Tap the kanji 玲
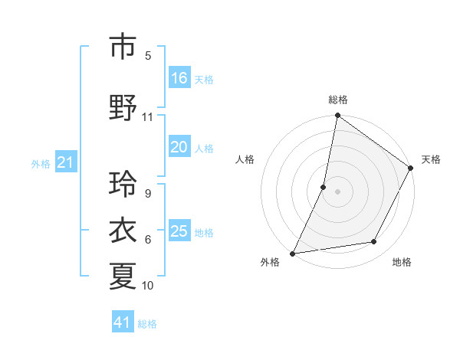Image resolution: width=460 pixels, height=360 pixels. [x=123, y=184]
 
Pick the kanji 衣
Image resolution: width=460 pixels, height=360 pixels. [x=123, y=231]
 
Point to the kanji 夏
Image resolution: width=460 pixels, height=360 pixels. [x=123, y=277]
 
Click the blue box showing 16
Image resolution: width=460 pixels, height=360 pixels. [x=179, y=78]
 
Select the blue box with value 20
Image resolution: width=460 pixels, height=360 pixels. [x=179, y=148]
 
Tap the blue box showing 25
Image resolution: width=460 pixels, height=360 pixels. [x=179, y=231]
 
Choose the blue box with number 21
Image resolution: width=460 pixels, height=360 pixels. [x=66, y=162]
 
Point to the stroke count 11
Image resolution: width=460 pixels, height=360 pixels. [x=147, y=117]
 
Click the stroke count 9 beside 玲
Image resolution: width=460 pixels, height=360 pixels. [x=147, y=194]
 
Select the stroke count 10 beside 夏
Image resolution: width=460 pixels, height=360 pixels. [x=147, y=286]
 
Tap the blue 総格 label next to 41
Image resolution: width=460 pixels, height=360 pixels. [x=147, y=324]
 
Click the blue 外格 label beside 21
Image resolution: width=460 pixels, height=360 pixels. [x=40, y=163]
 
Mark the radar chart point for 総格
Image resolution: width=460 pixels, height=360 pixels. [x=337, y=116]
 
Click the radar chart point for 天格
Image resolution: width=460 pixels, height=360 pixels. [x=410, y=169]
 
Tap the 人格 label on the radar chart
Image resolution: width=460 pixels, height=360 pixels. [x=245, y=159]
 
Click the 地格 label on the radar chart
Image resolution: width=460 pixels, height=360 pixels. [x=402, y=262]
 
